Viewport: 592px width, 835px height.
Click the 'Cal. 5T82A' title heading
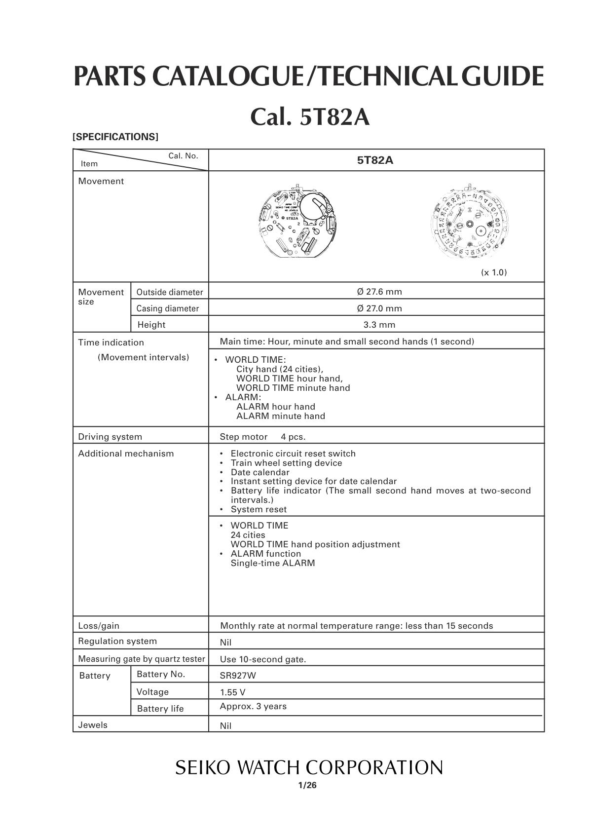click(x=310, y=117)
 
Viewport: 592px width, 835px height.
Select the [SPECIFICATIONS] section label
click(x=115, y=137)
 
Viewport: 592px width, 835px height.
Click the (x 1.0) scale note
click(x=494, y=272)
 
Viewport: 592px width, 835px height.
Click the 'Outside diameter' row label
click(x=170, y=292)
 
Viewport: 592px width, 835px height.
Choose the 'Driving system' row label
click(x=110, y=437)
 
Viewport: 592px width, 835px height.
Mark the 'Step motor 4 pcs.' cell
click(x=262, y=437)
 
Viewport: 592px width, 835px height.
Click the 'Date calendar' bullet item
click(x=260, y=472)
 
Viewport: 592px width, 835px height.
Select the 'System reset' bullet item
click(x=259, y=509)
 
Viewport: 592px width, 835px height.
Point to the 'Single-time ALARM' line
click(x=272, y=563)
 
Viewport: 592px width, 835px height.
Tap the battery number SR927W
click(x=238, y=676)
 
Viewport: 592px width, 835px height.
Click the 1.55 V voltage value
click(x=232, y=692)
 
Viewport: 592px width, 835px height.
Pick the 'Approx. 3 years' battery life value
click(x=253, y=706)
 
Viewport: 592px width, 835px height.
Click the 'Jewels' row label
click(x=93, y=725)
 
